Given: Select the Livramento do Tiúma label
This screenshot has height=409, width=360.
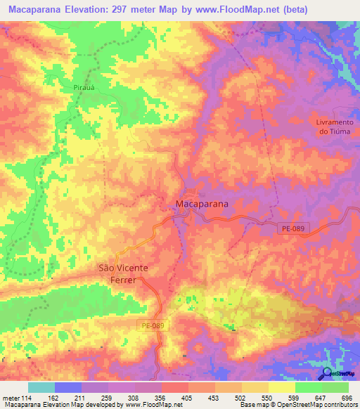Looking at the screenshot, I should click(x=333, y=126).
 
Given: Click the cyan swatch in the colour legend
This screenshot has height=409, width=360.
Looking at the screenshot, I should click(x=41, y=388).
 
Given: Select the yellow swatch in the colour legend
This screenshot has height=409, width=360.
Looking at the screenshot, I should click(x=282, y=388).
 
